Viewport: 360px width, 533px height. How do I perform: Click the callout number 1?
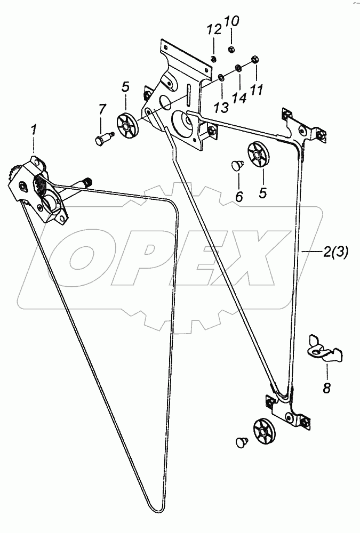pyautogui.click(x=34, y=130)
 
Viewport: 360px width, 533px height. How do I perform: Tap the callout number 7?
pyautogui.click(x=102, y=110)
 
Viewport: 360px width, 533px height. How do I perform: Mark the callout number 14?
pyautogui.click(x=239, y=99)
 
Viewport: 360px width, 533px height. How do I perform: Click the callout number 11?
pyautogui.click(x=257, y=90)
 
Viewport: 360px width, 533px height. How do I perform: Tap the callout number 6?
pyautogui.click(x=238, y=197)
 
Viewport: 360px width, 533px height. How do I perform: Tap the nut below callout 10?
pyautogui.click(x=232, y=49)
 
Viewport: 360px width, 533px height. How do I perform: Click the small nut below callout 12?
pyautogui.click(x=213, y=59)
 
